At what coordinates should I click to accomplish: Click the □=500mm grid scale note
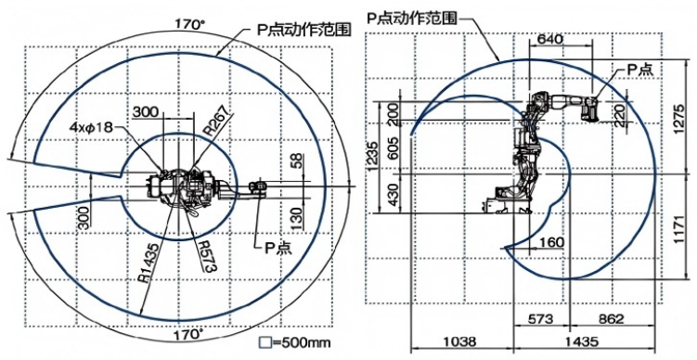click(x=295, y=343)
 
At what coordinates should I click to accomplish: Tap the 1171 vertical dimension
click(x=679, y=227)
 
